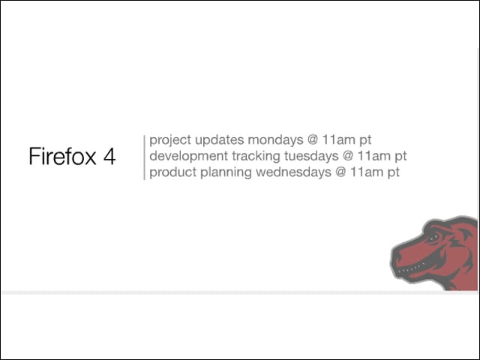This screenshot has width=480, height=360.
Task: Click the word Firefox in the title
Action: pos(62,157)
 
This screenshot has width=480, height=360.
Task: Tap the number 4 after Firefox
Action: pos(109,157)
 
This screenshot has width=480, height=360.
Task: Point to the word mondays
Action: pos(275,140)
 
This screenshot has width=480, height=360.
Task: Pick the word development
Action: pos(188,157)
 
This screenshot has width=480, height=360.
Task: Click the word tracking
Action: pos(256,157)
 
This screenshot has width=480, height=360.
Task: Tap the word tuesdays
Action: pos(311,157)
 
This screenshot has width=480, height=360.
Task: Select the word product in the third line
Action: pos(173,172)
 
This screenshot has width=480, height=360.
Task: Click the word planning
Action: pos(226,172)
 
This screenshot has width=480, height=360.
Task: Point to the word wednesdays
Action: pos(293,172)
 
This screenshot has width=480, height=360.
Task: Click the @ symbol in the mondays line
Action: pos(313,140)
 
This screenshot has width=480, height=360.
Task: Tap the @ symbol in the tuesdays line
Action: pos(348,156)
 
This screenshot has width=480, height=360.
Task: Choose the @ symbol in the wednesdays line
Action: pos(340,172)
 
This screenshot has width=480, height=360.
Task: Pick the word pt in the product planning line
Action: pos(393,172)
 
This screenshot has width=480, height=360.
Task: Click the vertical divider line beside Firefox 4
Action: pos(144,157)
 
